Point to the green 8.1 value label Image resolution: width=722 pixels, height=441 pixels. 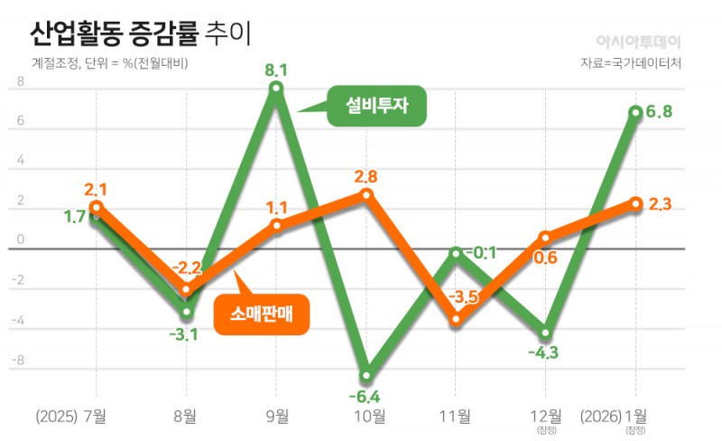(x=276, y=68)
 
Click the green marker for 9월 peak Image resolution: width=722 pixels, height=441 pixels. (x=276, y=88)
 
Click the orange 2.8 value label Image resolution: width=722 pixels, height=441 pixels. (x=366, y=176)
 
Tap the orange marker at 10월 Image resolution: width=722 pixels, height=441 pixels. (x=366, y=194)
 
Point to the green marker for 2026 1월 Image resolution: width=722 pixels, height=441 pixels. (x=635, y=112)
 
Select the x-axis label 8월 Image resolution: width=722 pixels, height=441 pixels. (x=187, y=417)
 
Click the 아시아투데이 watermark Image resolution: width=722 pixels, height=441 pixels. (x=639, y=42)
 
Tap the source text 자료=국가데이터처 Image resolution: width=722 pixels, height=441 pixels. (x=632, y=64)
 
